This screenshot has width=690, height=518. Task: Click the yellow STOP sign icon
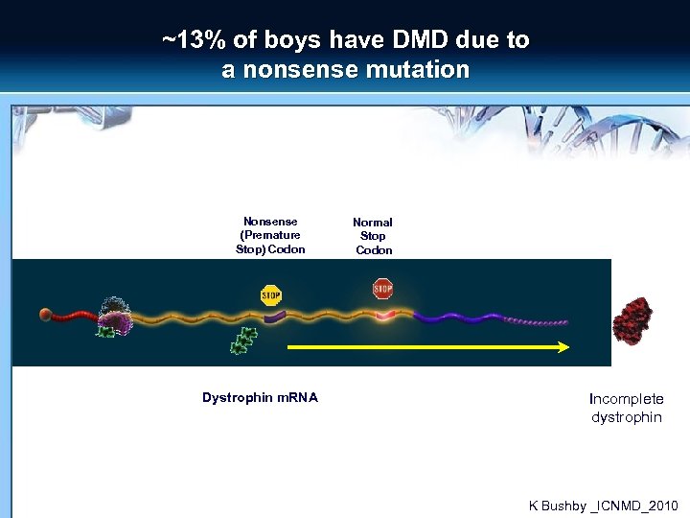271,295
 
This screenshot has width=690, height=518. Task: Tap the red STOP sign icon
382,289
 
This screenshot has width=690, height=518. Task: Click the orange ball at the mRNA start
46,314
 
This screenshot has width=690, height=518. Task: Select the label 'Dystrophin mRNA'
260,397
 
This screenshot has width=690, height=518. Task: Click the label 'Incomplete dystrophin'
627,408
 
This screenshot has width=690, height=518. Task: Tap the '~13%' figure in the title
188,40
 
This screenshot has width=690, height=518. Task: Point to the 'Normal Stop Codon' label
373,236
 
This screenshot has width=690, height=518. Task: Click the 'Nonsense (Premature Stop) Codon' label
270,235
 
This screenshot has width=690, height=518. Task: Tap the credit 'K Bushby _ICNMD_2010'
603,505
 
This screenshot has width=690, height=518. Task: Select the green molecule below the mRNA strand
243,341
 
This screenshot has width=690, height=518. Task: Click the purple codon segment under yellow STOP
274,314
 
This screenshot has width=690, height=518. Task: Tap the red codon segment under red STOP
384,315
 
